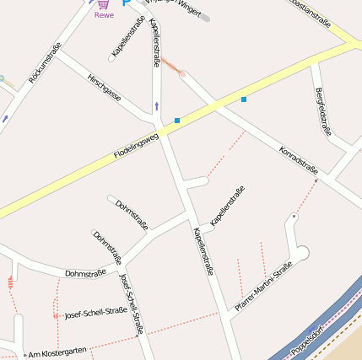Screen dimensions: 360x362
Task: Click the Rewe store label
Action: [x=104, y=15]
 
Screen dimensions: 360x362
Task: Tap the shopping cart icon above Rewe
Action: [x=104, y=4]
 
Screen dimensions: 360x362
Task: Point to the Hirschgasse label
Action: [x=104, y=88]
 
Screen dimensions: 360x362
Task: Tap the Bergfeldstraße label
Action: [x=323, y=112]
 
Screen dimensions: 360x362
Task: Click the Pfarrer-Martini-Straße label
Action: [x=263, y=287]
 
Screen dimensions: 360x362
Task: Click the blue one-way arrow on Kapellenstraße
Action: [x=156, y=106]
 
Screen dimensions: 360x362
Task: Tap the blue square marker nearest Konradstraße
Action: [x=244, y=99]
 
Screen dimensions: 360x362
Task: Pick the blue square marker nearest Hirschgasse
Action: [x=177, y=121]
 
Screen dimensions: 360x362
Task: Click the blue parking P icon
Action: [x=127, y=3]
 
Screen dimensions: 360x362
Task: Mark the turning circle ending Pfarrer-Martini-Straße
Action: [x=301, y=253]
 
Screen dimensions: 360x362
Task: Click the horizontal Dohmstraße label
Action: [x=85, y=273]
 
